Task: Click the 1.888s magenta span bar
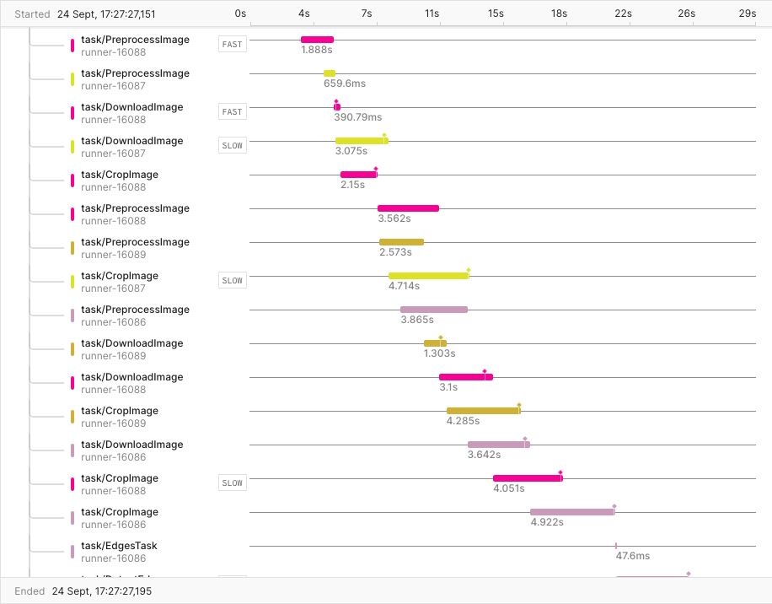317,40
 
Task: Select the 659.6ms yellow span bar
329,73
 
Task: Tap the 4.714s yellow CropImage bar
428,276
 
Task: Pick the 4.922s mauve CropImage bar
571,512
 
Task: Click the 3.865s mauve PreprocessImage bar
433,310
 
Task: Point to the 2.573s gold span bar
401,242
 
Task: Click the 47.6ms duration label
632,556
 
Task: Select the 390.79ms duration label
357,117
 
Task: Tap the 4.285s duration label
463,421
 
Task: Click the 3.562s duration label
394,218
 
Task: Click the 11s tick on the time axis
432,13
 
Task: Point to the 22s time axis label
623,13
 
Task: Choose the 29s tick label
747,13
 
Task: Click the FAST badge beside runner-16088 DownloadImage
232,112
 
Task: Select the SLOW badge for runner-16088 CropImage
232,483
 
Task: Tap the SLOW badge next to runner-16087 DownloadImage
232,146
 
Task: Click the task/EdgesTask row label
119,546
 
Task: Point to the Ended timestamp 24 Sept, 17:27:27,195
108,591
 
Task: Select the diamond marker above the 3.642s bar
525,439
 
